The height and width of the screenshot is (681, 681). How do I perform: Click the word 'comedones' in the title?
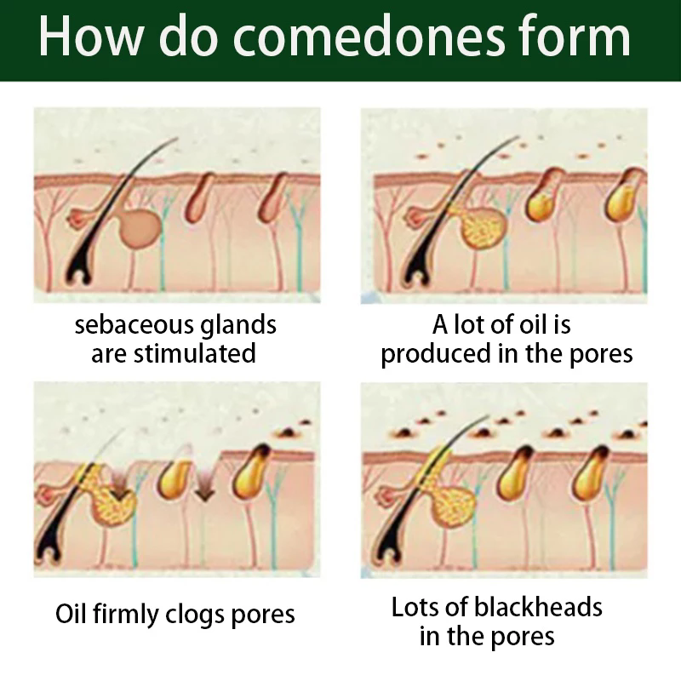[x=369, y=37]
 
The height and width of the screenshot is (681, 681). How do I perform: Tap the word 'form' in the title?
[x=574, y=36]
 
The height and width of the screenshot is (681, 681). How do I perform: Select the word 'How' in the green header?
[x=89, y=36]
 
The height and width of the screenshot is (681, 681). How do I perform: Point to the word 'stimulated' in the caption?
[x=195, y=353]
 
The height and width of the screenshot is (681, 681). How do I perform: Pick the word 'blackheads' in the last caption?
[x=538, y=607]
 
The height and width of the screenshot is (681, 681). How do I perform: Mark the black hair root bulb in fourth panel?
[x=386, y=552]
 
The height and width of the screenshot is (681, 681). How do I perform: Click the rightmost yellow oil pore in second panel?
[x=624, y=197]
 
